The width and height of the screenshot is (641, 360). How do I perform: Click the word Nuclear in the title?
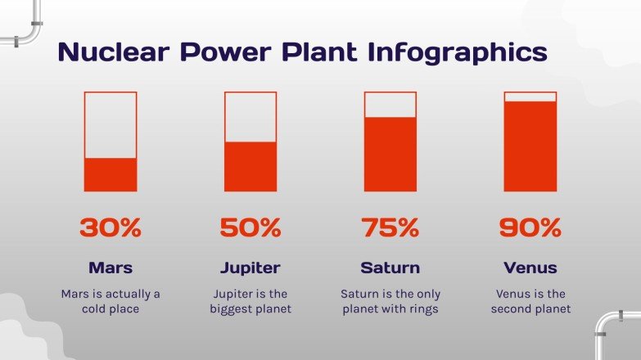tap(114, 52)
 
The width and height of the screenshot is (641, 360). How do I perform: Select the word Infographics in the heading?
tap(458, 52)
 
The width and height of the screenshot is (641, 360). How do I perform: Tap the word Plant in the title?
tap(319, 52)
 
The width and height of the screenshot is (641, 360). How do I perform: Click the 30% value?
tap(111, 227)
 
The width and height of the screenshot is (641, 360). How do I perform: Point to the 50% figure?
tap(251, 227)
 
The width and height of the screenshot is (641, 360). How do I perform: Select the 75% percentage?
tap(390, 227)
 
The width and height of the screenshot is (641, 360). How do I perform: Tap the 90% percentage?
tap(530, 227)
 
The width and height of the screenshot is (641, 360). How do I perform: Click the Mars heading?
tap(111, 268)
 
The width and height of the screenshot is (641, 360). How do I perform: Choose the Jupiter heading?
tap(251, 268)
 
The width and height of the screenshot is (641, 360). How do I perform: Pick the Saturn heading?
tap(390, 268)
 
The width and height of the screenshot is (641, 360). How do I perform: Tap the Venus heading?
tap(530, 268)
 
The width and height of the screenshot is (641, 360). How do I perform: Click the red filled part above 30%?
tap(111, 174)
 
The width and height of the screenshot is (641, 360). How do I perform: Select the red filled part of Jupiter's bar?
tap(251, 167)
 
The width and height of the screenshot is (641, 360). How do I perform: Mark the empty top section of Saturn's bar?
tap(390, 105)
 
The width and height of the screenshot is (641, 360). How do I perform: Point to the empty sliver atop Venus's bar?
tap(530, 97)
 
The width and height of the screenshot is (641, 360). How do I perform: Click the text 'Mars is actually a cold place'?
tap(111, 301)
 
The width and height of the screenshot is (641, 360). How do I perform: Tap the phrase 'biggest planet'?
tap(251, 309)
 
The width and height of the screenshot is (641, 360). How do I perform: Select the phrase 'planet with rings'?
tap(390, 309)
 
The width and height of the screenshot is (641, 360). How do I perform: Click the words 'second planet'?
tap(530, 308)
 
